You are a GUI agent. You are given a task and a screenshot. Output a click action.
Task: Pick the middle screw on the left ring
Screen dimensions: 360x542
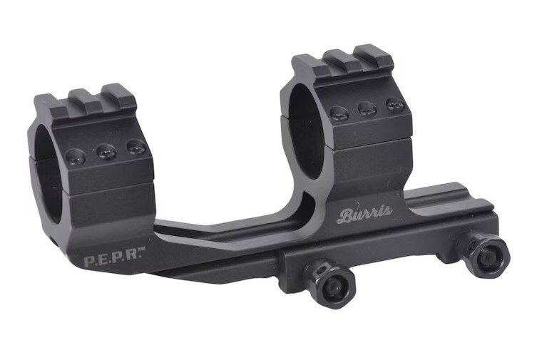pyautogui.click(x=106, y=151)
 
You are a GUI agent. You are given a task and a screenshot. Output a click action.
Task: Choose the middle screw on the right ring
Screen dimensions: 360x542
pyautogui.click(x=368, y=108)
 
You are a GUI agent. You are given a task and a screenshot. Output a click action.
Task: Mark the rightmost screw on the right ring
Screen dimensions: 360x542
pyautogui.click(x=394, y=105)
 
